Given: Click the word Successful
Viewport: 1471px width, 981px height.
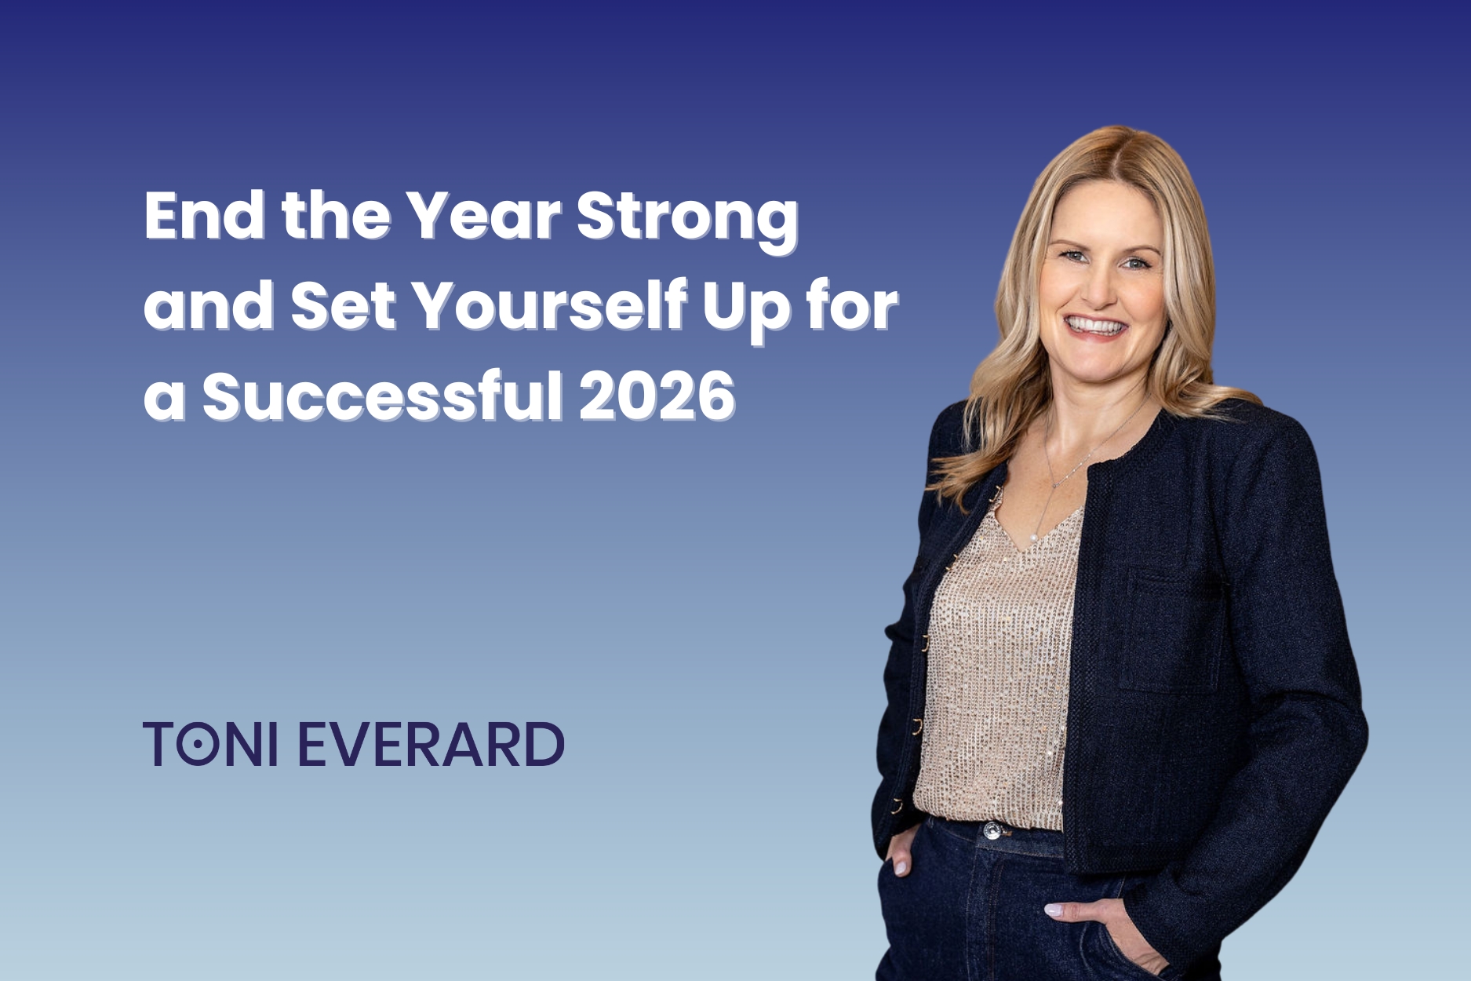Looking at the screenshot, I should click(383, 397).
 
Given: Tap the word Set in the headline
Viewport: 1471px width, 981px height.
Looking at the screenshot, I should click(343, 307).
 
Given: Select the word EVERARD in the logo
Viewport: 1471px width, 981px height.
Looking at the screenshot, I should click(431, 744).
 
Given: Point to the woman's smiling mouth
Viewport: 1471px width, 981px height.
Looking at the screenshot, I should click(1095, 326).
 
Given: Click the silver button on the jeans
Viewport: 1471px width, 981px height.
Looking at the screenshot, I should click(993, 830).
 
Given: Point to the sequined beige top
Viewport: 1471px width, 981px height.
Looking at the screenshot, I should click(996, 667).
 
